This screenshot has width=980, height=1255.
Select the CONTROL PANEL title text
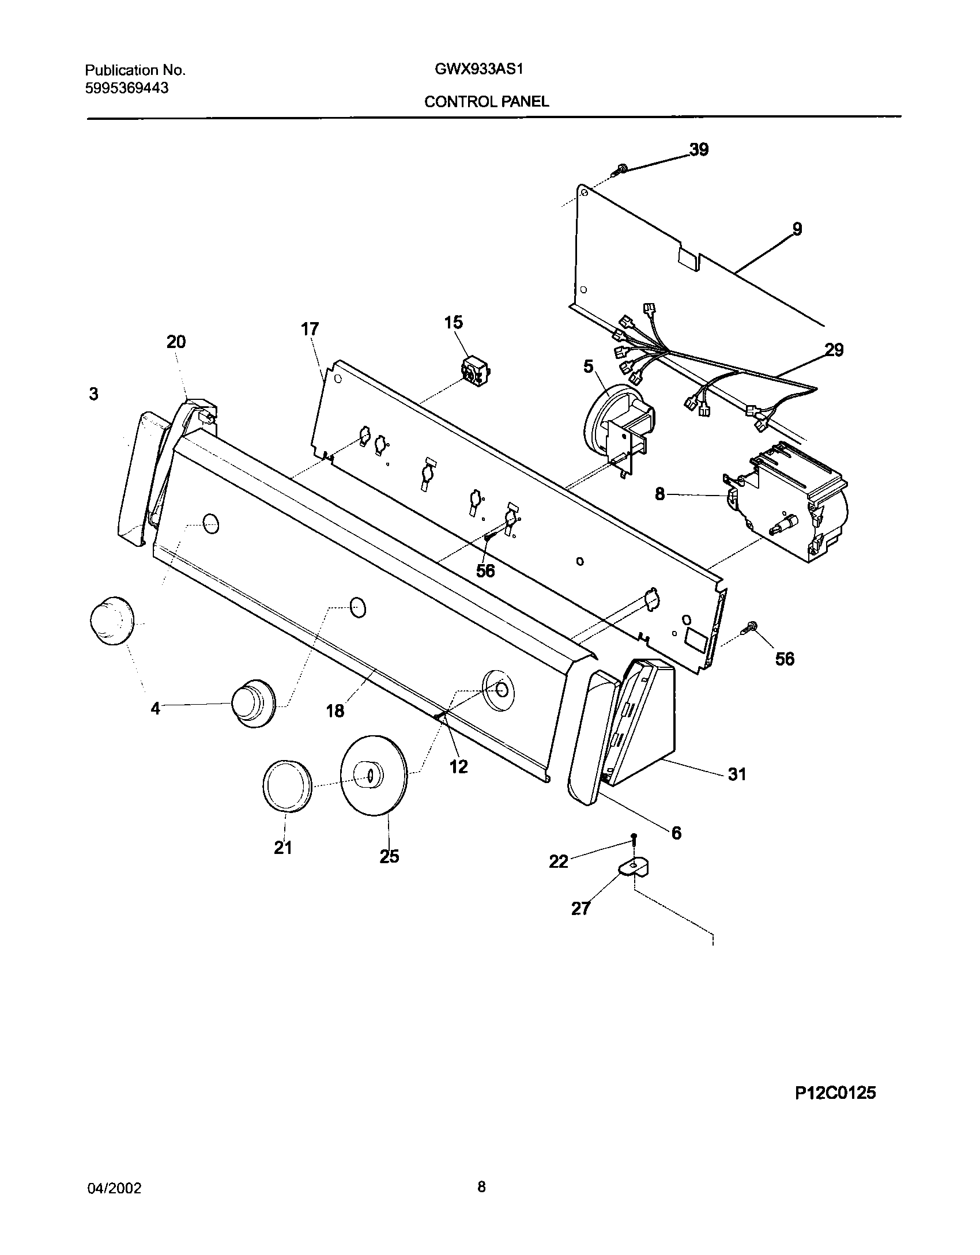pyautogui.click(x=487, y=102)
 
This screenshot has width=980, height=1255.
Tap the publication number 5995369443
pyautogui.click(x=127, y=88)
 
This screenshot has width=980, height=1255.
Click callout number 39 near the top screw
pyautogui.click(x=699, y=150)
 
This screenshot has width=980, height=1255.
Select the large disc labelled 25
pyautogui.click(x=374, y=775)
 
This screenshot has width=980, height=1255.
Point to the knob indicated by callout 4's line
pyautogui.click(x=254, y=702)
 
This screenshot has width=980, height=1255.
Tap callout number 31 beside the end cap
pyautogui.click(x=737, y=774)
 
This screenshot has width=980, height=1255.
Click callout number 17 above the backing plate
pyautogui.click(x=310, y=330)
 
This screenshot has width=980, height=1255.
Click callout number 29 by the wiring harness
pyautogui.click(x=834, y=350)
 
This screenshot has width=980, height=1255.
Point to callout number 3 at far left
pyautogui.click(x=93, y=394)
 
